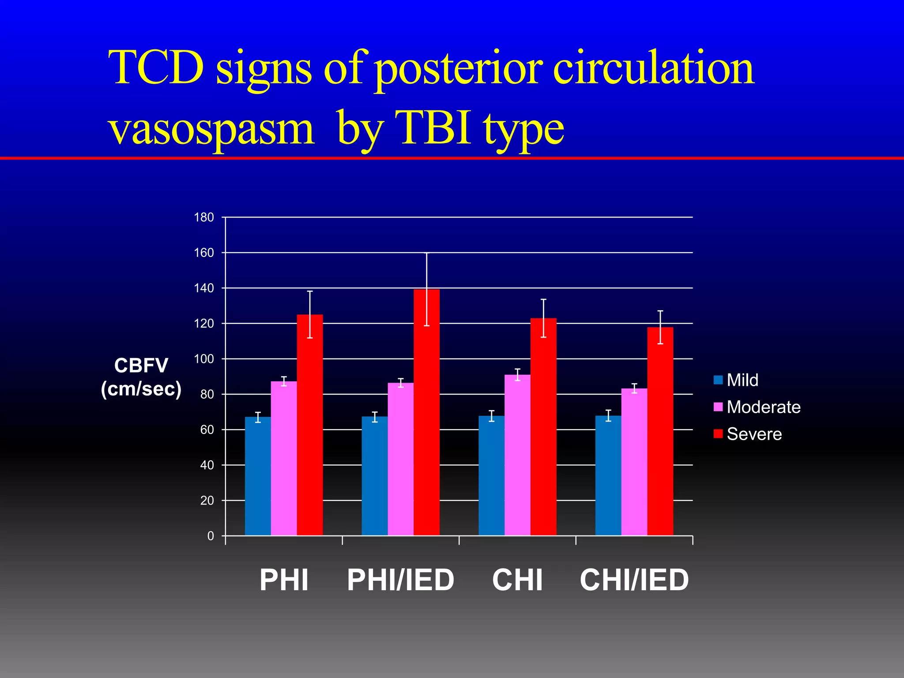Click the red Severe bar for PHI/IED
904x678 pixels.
(426, 415)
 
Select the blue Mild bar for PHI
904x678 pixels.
(258, 477)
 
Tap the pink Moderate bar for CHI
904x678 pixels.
(517, 455)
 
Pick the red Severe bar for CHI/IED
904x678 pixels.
(660, 433)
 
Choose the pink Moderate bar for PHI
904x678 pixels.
(284, 459)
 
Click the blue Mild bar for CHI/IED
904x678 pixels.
(608, 477)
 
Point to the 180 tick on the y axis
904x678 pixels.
(204, 217)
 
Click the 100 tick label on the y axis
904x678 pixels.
(204, 359)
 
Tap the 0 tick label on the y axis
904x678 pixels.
(211, 536)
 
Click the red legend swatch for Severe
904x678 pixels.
(718, 434)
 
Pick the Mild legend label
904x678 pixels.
(742, 380)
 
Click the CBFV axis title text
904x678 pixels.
(141, 365)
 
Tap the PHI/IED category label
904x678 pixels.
(400, 580)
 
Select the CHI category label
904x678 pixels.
(517, 580)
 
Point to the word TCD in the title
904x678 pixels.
(157, 68)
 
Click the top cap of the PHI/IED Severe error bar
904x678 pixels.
(426, 253)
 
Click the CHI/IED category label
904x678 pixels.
(634, 580)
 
